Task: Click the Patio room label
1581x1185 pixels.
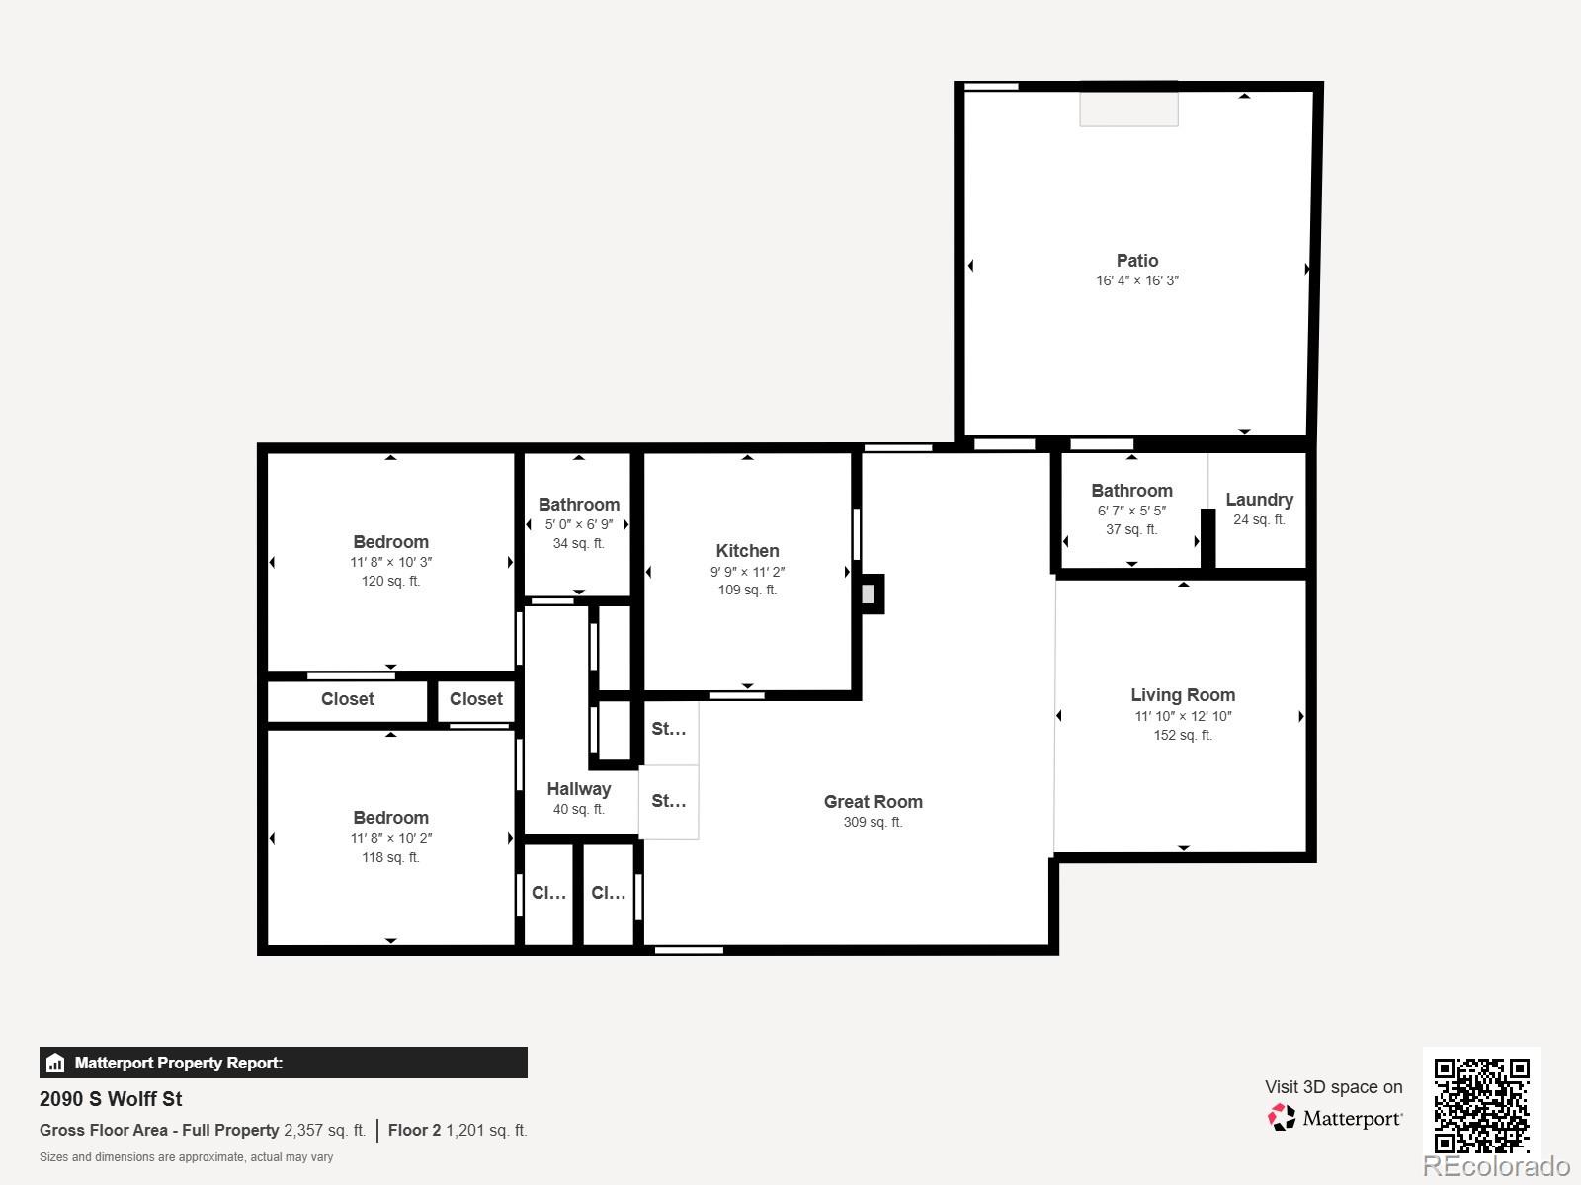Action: click(x=1136, y=261)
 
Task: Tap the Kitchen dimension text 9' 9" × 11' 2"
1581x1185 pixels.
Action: click(x=747, y=572)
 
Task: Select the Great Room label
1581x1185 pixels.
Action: click(x=873, y=802)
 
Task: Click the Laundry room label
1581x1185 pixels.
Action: click(x=1259, y=500)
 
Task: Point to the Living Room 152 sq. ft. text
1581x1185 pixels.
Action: click(x=1183, y=735)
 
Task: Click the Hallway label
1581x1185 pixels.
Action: click(x=578, y=789)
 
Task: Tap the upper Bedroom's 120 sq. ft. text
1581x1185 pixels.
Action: click(x=390, y=581)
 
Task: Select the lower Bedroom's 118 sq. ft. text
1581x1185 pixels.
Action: click(x=390, y=857)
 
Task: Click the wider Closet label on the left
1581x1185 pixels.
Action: click(x=347, y=699)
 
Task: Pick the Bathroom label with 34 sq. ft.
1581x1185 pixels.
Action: click(x=579, y=505)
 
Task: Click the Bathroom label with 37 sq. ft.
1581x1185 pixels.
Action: click(x=1131, y=491)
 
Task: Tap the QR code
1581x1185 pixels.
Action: click(x=1481, y=1105)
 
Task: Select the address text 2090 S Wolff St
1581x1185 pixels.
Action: click(x=111, y=1099)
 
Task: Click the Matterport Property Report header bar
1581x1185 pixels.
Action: click(x=284, y=1063)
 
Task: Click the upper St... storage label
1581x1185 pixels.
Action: click(x=669, y=729)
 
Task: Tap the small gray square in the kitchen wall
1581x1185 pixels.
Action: click(x=868, y=594)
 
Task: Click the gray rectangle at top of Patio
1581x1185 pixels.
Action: click(x=1128, y=109)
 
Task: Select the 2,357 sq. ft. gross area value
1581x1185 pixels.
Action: click(x=324, y=1130)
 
